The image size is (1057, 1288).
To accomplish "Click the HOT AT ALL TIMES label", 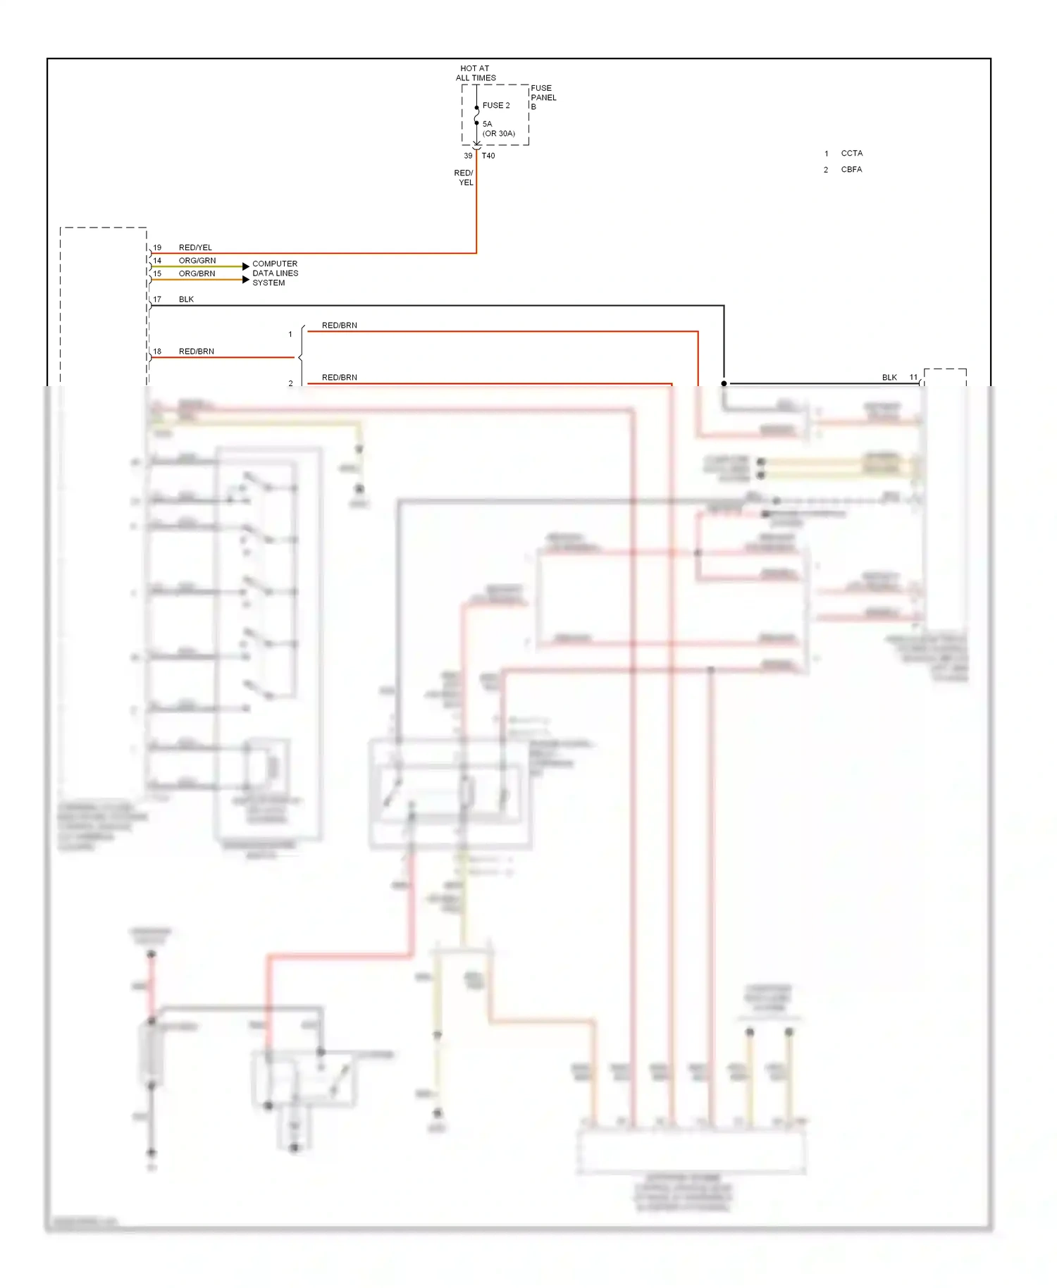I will [476, 73].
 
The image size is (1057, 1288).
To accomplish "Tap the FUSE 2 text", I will [496, 106].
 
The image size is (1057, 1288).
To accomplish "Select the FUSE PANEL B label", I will [543, 97].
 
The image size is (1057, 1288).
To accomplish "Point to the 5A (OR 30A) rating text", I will [498, 129].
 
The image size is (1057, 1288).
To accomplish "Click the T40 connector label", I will [488, 156].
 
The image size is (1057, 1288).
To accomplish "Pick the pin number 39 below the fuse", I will [468, 156].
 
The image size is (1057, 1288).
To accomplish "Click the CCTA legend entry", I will [851, 153].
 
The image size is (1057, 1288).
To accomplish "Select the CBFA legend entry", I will [851, 169].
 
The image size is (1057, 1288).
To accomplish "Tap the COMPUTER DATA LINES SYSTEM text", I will [275, 273].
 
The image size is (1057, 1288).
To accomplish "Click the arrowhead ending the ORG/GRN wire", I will [245, 266].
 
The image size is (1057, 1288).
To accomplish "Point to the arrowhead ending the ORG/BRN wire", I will [245, 280].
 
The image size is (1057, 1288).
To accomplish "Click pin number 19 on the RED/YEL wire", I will [157, 247].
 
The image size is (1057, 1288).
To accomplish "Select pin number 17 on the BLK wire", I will [157, 299].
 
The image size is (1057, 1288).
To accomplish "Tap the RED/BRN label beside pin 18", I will [196, 351].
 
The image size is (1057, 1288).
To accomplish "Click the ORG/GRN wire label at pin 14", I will [197, 261].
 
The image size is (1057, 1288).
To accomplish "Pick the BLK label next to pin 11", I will [889, 378].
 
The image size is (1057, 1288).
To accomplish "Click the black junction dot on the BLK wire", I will [724, 383].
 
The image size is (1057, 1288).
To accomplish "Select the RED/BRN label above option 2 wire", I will [339, 378].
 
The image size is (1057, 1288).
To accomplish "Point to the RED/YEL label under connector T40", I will [464, 178].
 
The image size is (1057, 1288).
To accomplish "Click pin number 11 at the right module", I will [913, 378].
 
